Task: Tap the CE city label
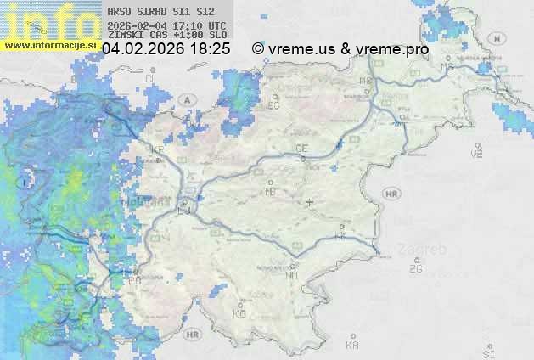click(x=301, y=149)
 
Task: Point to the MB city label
click(x=366, y=81)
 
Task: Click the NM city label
click(x=293, y=275)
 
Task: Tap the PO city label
click(x=135, y=279)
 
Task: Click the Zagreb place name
click(x=427, y=250)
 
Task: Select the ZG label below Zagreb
click(x=416, y=269)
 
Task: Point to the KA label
click(x=352, y=346)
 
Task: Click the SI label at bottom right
click(x=487, y=351)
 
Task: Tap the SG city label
click(x=273, y=106)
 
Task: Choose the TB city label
click(x=271, y=192)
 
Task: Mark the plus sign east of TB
click(x=309, y=202)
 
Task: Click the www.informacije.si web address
click(x=48, y=46)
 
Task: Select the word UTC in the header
click(x=216, y=25)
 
